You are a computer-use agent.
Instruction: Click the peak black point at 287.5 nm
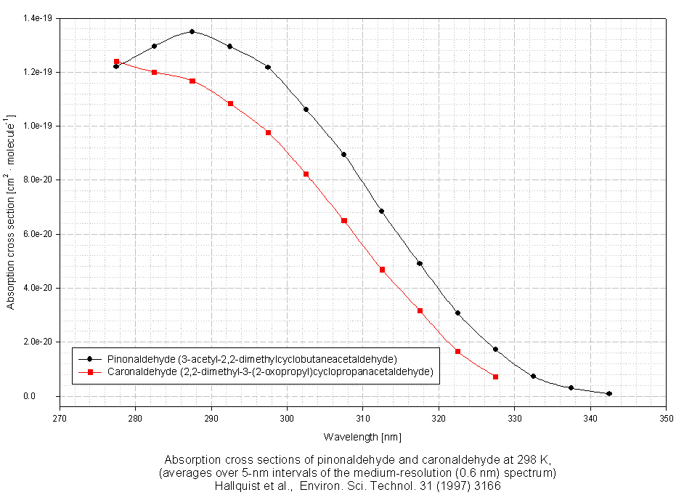(x=192, y=31)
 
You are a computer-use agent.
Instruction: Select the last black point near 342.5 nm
(x=608, y=393)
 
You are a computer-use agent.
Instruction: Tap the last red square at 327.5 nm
(x=495, y=377)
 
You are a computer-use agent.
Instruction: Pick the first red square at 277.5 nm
(x=116, y=62)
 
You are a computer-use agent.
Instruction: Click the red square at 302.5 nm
(x=306, y=174)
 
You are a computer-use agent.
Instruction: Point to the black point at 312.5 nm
(x=381, y=211)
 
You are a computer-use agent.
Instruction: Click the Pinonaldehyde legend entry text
(x=251, y=359)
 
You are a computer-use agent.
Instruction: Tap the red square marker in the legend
(x=89, y=371)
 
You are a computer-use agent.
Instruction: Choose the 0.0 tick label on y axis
(x=47, y=396)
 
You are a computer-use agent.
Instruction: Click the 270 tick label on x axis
(x=60, y=419)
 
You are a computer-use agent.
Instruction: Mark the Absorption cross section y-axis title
(x=11, y=211)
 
